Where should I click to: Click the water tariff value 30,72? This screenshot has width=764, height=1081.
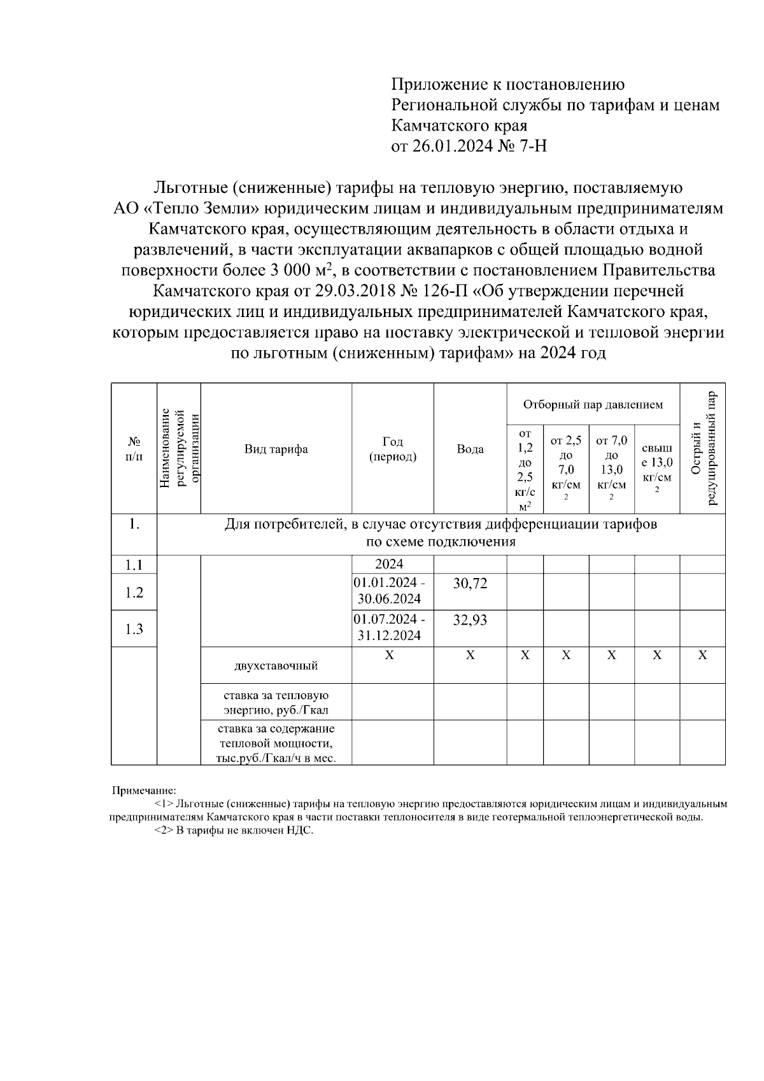(470, 583)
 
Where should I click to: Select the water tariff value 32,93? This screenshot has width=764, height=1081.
(470, 620)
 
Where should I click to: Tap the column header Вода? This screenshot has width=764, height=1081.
(470, 449)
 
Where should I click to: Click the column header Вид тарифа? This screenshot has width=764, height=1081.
(276, 449)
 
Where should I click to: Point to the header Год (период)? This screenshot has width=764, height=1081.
(393, 449)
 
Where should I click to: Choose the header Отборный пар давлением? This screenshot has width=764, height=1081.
(593, 405)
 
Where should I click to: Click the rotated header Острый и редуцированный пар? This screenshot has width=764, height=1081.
(703, 449)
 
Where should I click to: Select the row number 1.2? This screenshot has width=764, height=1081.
(134, 593)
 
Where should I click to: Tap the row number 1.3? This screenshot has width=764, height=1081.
(134, 630)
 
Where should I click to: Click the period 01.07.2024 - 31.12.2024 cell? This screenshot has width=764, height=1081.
(390, 628)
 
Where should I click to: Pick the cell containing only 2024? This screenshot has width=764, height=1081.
(389, 565)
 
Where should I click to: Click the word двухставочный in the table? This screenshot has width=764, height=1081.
(276, 667)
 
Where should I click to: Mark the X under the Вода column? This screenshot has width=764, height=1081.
(470, 656)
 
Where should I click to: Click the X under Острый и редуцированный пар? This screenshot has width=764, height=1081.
(702, 656)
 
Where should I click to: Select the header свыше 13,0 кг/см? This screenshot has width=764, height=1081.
(657, 469)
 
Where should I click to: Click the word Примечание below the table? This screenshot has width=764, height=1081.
(144, 791)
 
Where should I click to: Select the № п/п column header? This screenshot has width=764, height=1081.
(134, 449)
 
